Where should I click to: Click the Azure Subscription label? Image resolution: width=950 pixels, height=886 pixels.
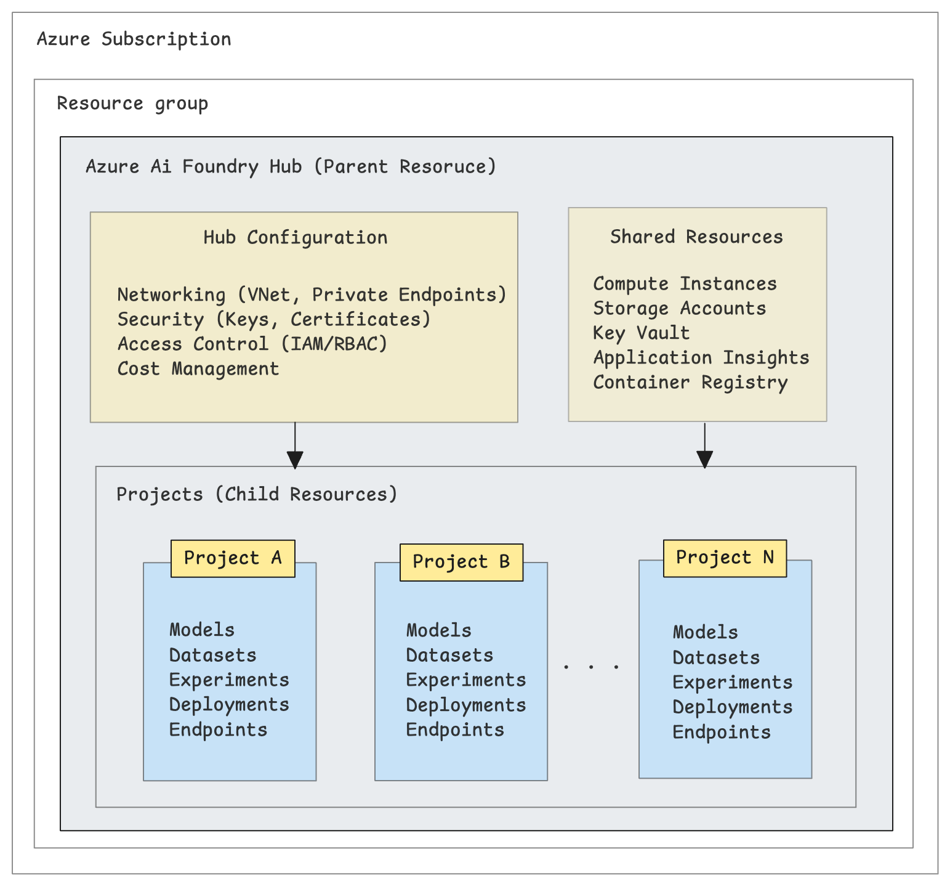click(134, 39)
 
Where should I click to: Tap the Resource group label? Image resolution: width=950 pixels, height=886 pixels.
click(132, 104)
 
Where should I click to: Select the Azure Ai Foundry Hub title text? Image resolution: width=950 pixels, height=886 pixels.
click(291, 167)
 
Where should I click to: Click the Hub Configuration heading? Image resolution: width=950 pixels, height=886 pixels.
click(296, 238)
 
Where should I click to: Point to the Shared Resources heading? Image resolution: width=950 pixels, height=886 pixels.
click(696, 237)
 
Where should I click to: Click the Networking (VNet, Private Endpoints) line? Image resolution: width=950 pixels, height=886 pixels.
click(312, 295)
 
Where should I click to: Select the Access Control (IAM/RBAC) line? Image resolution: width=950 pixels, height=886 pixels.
click(252, 344)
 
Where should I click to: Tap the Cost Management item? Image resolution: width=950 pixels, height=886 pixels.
click(198, 369)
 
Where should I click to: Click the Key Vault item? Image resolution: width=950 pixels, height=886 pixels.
click(641, 333)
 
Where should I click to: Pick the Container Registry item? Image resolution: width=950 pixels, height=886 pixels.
click(690, 383)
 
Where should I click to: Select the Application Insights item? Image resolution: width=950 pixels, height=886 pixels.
click(701, 358)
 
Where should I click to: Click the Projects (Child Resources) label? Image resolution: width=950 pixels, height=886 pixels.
click(257, 495)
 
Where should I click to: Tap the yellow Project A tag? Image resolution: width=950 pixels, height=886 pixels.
click(233, 558)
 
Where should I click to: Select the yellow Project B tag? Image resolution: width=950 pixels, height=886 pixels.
click(461, 562)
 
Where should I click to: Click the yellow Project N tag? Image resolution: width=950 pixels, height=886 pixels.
click(725, 558)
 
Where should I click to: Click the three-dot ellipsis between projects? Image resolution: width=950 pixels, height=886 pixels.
click(591, 666)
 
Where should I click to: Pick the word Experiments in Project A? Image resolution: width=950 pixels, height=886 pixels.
click(229, 680)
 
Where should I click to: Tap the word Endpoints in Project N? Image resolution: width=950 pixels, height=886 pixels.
click(721, 733)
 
